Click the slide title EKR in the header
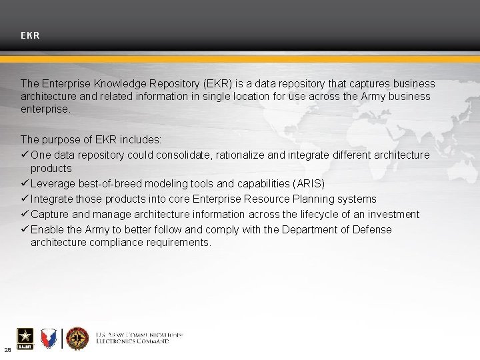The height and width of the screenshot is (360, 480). pos(30,35)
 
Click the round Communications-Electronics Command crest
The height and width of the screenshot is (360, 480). pos(77,339)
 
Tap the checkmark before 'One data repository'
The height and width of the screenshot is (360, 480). pos(25,155)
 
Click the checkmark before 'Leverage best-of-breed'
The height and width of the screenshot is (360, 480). pos(25,183)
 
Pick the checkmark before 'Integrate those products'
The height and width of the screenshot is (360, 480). pos(25,199)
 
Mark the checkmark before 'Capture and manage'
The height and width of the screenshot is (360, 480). pos(25,214)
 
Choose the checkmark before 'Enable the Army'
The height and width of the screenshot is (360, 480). pos(25,229)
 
